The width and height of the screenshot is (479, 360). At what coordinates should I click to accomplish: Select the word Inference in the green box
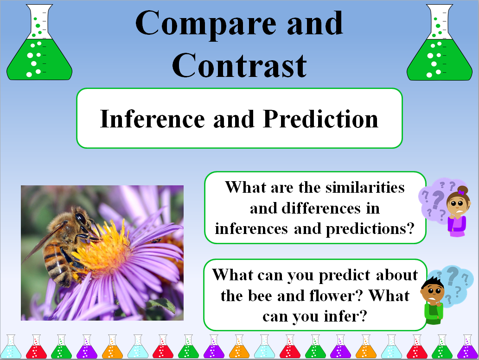[152, 119]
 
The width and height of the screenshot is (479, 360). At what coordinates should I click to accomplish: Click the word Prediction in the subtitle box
[320, 119]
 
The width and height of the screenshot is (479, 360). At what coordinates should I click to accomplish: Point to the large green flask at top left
[39, 43]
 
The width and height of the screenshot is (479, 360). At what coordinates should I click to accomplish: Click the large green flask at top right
[439, 43]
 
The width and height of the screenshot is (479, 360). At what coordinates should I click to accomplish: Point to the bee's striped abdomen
[57, 263]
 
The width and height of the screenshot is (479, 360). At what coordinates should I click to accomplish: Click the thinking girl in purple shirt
[457, 211]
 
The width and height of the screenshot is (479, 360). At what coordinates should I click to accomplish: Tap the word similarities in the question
[365, 187]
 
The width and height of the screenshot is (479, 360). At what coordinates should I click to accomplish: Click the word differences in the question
[321, 208]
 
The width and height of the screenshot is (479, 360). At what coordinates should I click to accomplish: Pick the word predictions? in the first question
[370, 229]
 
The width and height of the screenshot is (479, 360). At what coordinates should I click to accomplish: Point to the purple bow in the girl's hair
[461, 192]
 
